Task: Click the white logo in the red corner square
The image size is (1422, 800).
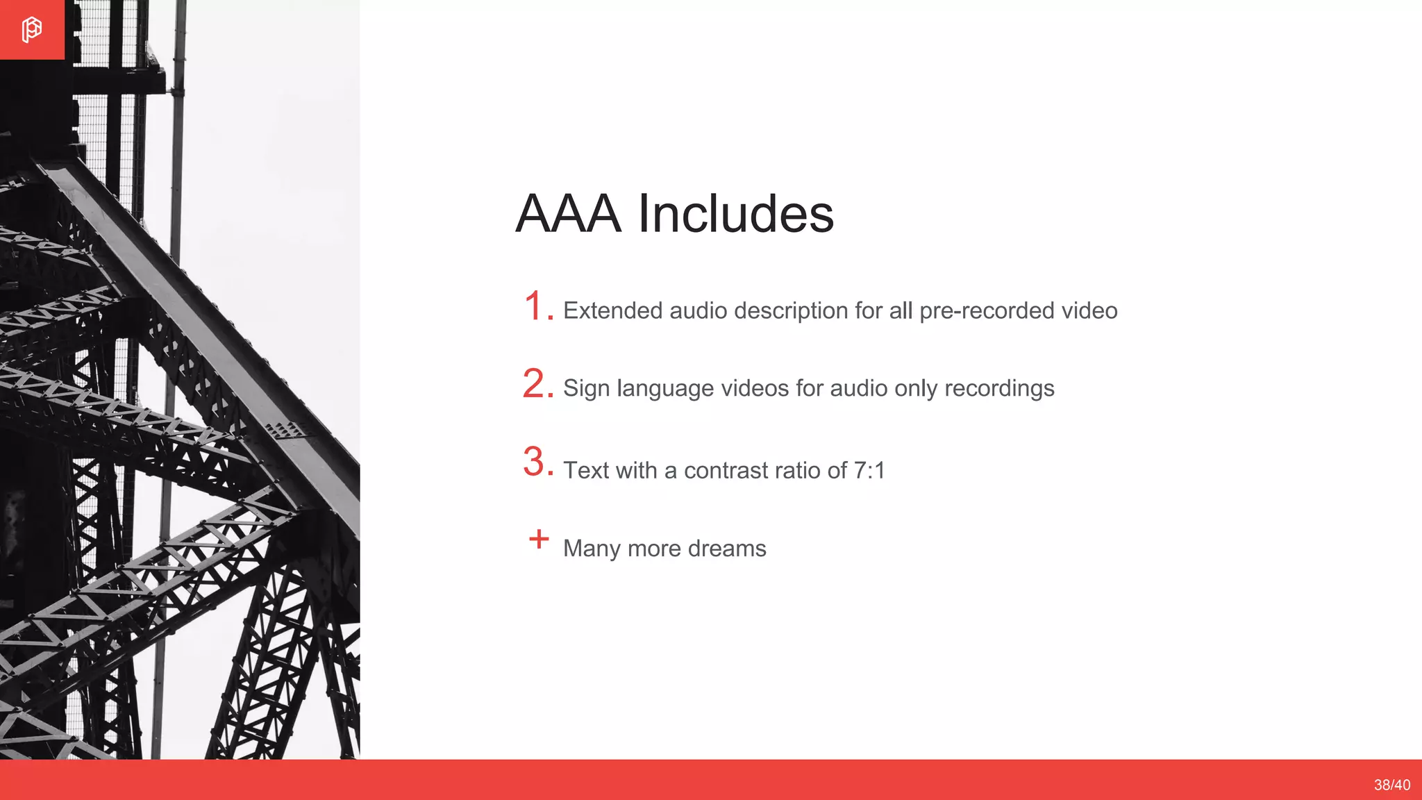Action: [32, 30]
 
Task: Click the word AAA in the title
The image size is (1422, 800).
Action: [568, 213]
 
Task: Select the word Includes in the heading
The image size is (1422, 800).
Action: [735, 213]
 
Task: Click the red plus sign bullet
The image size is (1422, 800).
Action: [539, 539]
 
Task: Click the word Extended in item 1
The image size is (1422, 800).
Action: [612, 310]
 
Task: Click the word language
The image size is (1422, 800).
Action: [664, 389]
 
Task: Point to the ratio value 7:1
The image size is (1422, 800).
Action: [869, 471]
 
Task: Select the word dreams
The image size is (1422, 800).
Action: [727, 549]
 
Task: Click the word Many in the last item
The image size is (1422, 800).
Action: [592, 549]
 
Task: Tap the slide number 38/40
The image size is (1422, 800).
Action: [1391, 785]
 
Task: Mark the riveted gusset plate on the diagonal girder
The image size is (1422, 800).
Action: [286, 431]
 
